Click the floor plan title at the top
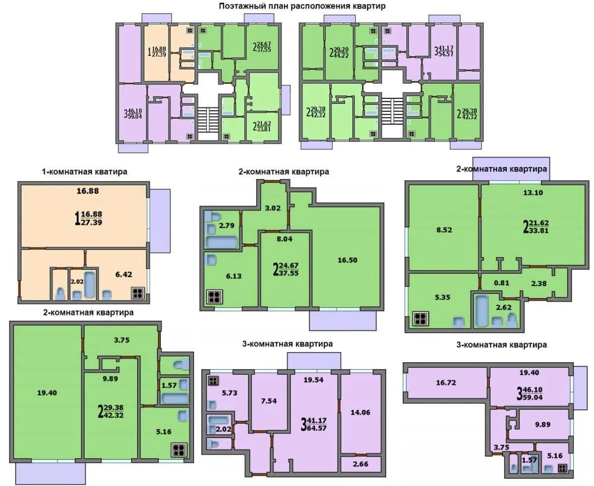(302, 6)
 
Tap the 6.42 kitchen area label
(124, 274)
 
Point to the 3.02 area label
(273, 208)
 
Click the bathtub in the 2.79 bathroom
(221, 242)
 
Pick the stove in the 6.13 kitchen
(215, 297)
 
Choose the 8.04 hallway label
(285, 239)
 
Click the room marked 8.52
(444, 230)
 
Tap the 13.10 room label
(533, 193)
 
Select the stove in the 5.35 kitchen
(420, 318)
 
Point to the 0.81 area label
(501, 283)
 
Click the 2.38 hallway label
(539, 283)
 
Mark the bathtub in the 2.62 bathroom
(481, 311)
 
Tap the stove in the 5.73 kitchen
(213, 381)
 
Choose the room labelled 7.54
(268, 401)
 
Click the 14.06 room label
(360, 412)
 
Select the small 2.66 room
(360, 464)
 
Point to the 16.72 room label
(446, 383)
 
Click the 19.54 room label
(313, 380)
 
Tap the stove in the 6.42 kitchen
(138, 293)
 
